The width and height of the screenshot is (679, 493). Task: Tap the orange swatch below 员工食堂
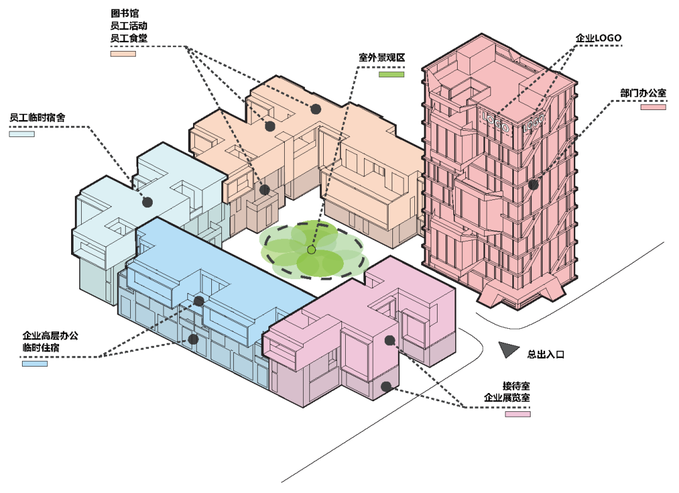click(x=123, y=53)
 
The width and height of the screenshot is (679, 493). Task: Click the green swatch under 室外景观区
click(x=391, y=74)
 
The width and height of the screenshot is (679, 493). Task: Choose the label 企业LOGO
click(x=598, y=38)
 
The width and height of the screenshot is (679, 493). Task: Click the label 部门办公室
click(x=643, y=93)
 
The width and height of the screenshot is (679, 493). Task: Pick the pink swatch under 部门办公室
click(x=653, y=108)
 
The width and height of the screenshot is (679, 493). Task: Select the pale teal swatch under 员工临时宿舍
click(x=21, y=133)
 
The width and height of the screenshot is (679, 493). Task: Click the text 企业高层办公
click(x=50, y=335)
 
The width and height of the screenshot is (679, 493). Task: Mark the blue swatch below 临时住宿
click(x=35, y=363)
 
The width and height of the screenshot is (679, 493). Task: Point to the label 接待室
click(x=516, y=385)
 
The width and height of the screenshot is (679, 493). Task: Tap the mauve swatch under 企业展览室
click(x=517, y=414)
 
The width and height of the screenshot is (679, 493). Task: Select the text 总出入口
click(x=546, y=355)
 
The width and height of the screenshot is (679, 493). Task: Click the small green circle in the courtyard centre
click(x=311, y=250)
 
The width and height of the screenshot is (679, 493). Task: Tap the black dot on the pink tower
click(x=533, y=185)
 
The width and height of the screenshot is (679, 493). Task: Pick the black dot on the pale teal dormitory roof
click(x=148, y=202)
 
